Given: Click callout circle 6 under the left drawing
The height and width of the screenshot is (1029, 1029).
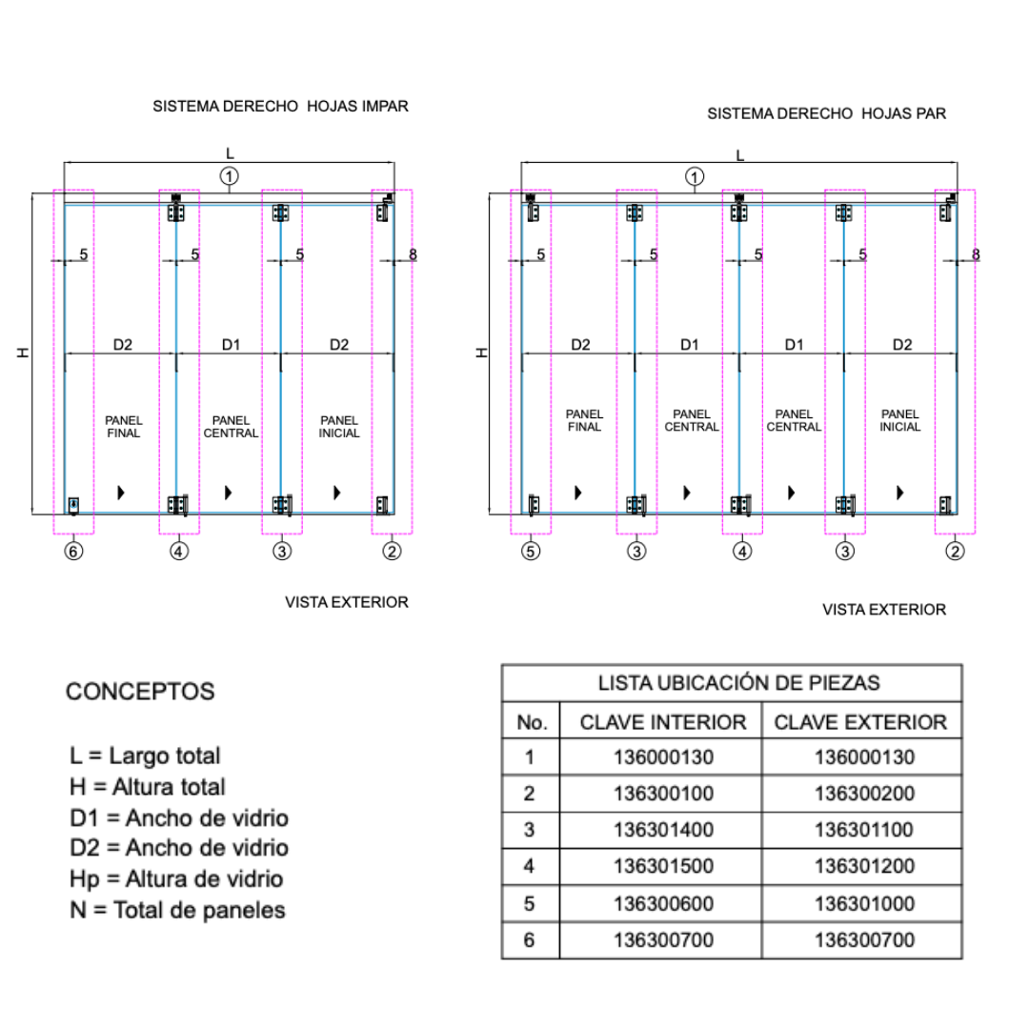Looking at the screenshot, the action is tap(73, 552).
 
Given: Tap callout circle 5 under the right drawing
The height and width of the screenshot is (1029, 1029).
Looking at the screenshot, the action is tap(531, 552).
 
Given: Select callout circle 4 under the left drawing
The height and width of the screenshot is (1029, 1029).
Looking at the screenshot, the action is tap(178, 552).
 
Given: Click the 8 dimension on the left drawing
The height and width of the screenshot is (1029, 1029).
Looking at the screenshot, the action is tap(413, 254).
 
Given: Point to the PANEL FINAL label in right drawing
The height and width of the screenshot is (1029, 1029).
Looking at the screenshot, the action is tap(584, 420).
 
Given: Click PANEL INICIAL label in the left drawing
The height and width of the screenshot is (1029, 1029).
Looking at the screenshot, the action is tap(339, 427).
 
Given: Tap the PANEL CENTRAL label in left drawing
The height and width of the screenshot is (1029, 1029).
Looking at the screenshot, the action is tap(231, 427).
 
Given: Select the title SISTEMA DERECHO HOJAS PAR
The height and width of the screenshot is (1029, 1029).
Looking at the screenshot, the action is tap(827, 113).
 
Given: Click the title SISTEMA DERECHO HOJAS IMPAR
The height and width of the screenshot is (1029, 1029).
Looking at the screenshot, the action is tap(280, 107).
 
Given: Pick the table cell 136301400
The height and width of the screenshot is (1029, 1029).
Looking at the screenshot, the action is tap(663, 830).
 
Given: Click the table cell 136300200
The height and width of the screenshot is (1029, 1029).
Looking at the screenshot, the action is tap(864, 794).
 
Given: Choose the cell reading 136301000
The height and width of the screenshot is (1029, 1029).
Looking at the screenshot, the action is tap(864, 903).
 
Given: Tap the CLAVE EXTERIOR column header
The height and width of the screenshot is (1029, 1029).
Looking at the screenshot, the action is tap(860, 722).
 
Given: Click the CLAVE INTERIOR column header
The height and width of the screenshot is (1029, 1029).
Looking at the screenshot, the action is tap(663, 722).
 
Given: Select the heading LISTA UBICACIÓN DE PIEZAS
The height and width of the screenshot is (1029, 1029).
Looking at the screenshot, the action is tap(739, 683).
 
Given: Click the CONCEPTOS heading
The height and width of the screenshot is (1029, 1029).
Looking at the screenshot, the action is tap(140, 692).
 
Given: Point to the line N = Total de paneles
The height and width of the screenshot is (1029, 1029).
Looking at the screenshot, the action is tap(178, 910).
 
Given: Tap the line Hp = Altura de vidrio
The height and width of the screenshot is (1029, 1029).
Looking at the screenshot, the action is tap(176, 879).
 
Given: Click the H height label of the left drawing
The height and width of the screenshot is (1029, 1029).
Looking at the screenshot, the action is tap(24, 353).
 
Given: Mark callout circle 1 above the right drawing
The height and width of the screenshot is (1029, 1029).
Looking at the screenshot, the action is tap(695, 176).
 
